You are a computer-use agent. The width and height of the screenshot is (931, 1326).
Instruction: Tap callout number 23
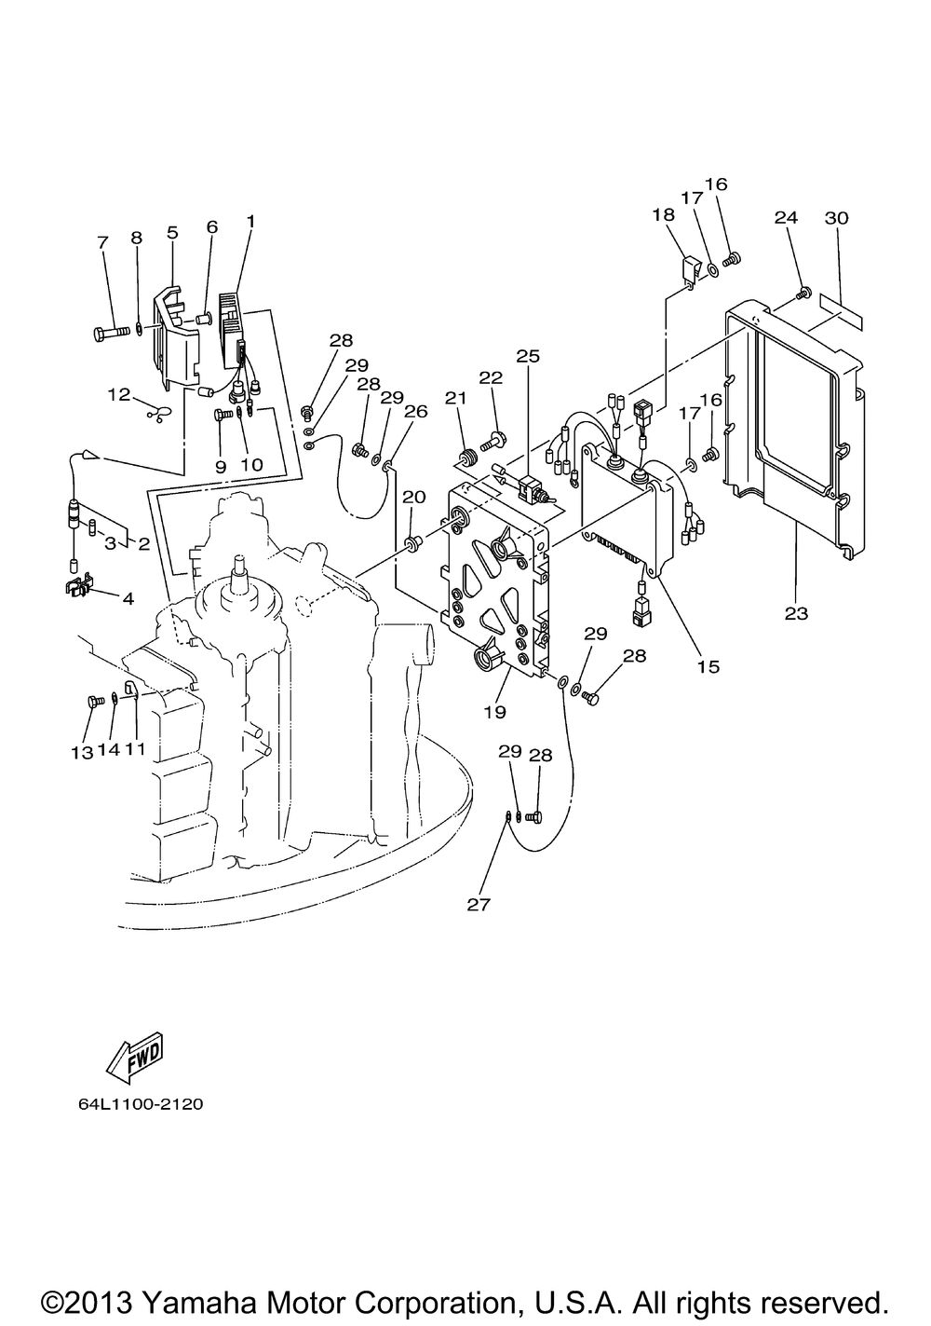[796, 613]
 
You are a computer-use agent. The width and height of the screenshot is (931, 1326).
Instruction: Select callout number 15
[708, 666]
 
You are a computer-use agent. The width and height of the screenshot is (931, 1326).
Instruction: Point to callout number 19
[494, 712]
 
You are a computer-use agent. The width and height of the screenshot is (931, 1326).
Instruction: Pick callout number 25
[528, 356]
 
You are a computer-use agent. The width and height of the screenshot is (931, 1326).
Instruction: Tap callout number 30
[836, 218]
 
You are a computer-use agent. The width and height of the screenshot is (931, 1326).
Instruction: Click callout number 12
[119, 394]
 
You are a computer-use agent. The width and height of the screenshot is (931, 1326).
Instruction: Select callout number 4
[128, 598]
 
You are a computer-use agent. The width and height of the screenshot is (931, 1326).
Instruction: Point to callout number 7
[103, 242]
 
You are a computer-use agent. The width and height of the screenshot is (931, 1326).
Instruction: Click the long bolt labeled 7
[111, 334]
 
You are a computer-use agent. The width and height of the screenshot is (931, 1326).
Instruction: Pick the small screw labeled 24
[803, 292]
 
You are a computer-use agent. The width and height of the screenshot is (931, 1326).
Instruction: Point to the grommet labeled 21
[468, 458]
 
